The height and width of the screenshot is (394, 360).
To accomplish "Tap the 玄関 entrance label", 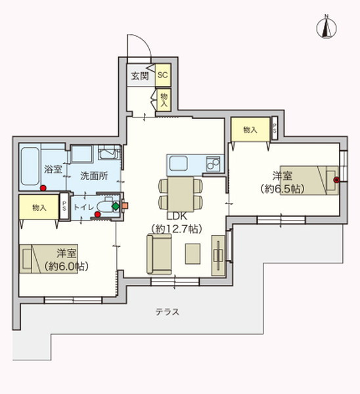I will point(139,76).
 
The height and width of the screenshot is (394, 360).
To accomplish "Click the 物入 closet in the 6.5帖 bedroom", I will point(250,130).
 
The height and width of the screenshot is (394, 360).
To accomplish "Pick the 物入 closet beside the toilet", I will point(39,207).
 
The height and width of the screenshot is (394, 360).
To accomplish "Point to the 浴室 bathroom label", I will point(53,169).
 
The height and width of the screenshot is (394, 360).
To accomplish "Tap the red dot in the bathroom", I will point(43,188).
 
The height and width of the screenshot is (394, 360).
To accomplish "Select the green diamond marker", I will point(116,206).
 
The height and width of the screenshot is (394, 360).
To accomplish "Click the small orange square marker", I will point(125,206).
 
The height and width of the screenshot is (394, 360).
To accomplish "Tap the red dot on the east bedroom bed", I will point(336,179).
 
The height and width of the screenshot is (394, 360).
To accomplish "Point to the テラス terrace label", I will point(168,312).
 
